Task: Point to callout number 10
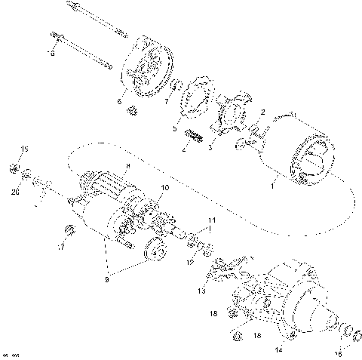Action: click(x=165, y=186)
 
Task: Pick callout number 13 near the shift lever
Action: click(x=201, y=290)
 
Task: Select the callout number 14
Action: click(x=278, y=349)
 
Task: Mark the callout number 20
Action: click(x=16, y=192)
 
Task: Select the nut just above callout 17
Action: click(x=70, y=229)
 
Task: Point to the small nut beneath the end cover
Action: click(x=132, y=111)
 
